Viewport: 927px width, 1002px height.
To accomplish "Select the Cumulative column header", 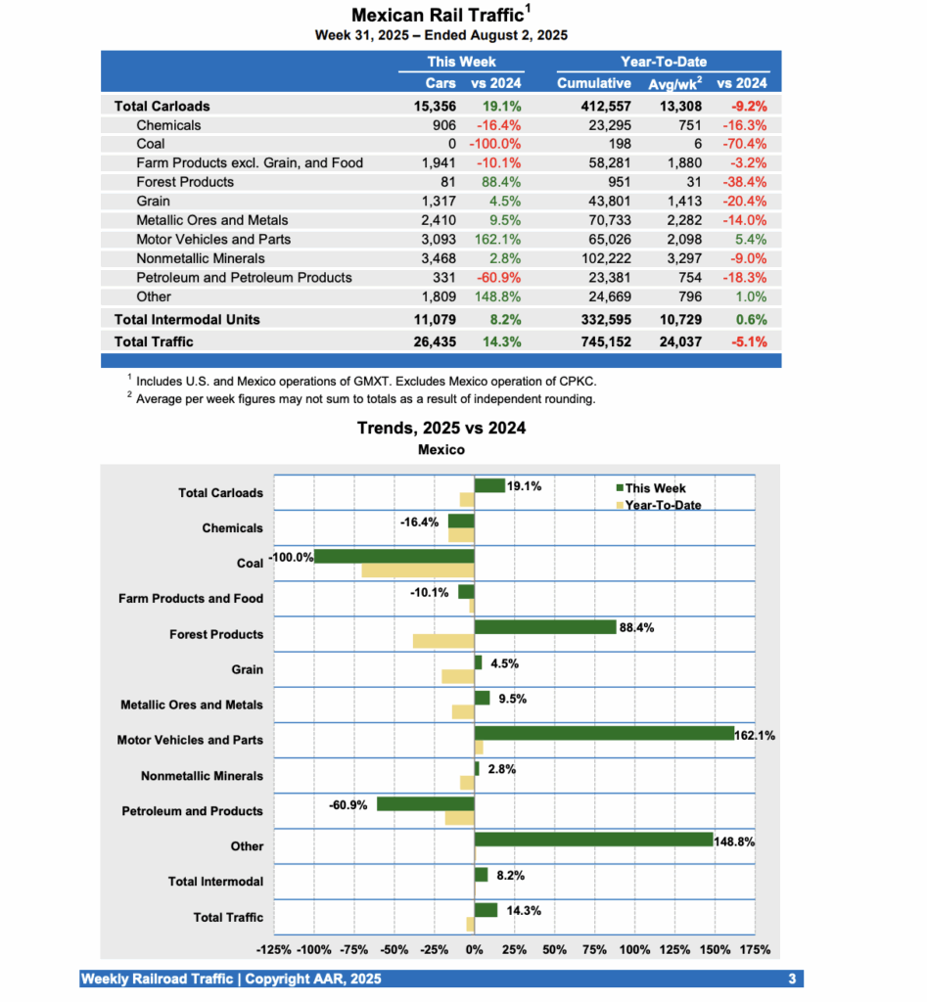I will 593,83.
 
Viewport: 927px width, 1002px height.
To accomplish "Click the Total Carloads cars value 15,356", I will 435,106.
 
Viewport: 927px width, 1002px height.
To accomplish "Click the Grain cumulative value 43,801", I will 609,201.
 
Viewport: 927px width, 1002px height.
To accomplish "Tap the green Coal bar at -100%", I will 394,556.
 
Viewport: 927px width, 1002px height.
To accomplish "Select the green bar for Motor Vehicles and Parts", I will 604,733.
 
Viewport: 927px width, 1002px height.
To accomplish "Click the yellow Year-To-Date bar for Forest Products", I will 443,641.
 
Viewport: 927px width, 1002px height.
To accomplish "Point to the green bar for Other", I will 593,840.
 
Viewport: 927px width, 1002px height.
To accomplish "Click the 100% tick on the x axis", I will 634,949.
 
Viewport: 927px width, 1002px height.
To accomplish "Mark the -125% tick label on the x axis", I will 273,949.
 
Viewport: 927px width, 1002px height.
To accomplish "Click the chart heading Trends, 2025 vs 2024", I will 441,428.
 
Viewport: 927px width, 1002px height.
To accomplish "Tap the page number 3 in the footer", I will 792,979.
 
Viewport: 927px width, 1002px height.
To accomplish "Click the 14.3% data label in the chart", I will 523,910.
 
